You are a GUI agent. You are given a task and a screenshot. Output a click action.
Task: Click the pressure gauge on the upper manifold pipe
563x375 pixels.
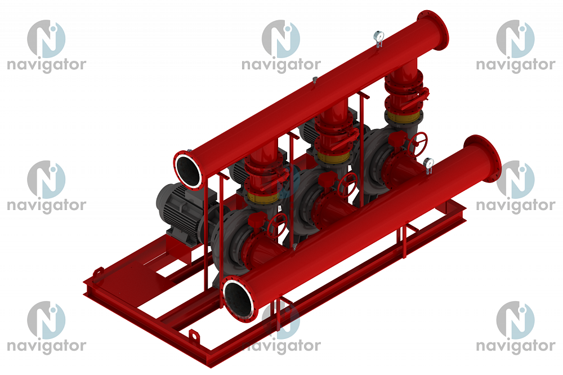pyautogui.click(x=379, y=37)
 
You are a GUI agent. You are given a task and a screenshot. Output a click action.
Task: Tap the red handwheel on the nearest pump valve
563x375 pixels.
pyautogui.click(x=277, y=225)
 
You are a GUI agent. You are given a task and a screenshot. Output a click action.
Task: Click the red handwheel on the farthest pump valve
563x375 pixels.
pyautogui.click(x=418, y=142)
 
